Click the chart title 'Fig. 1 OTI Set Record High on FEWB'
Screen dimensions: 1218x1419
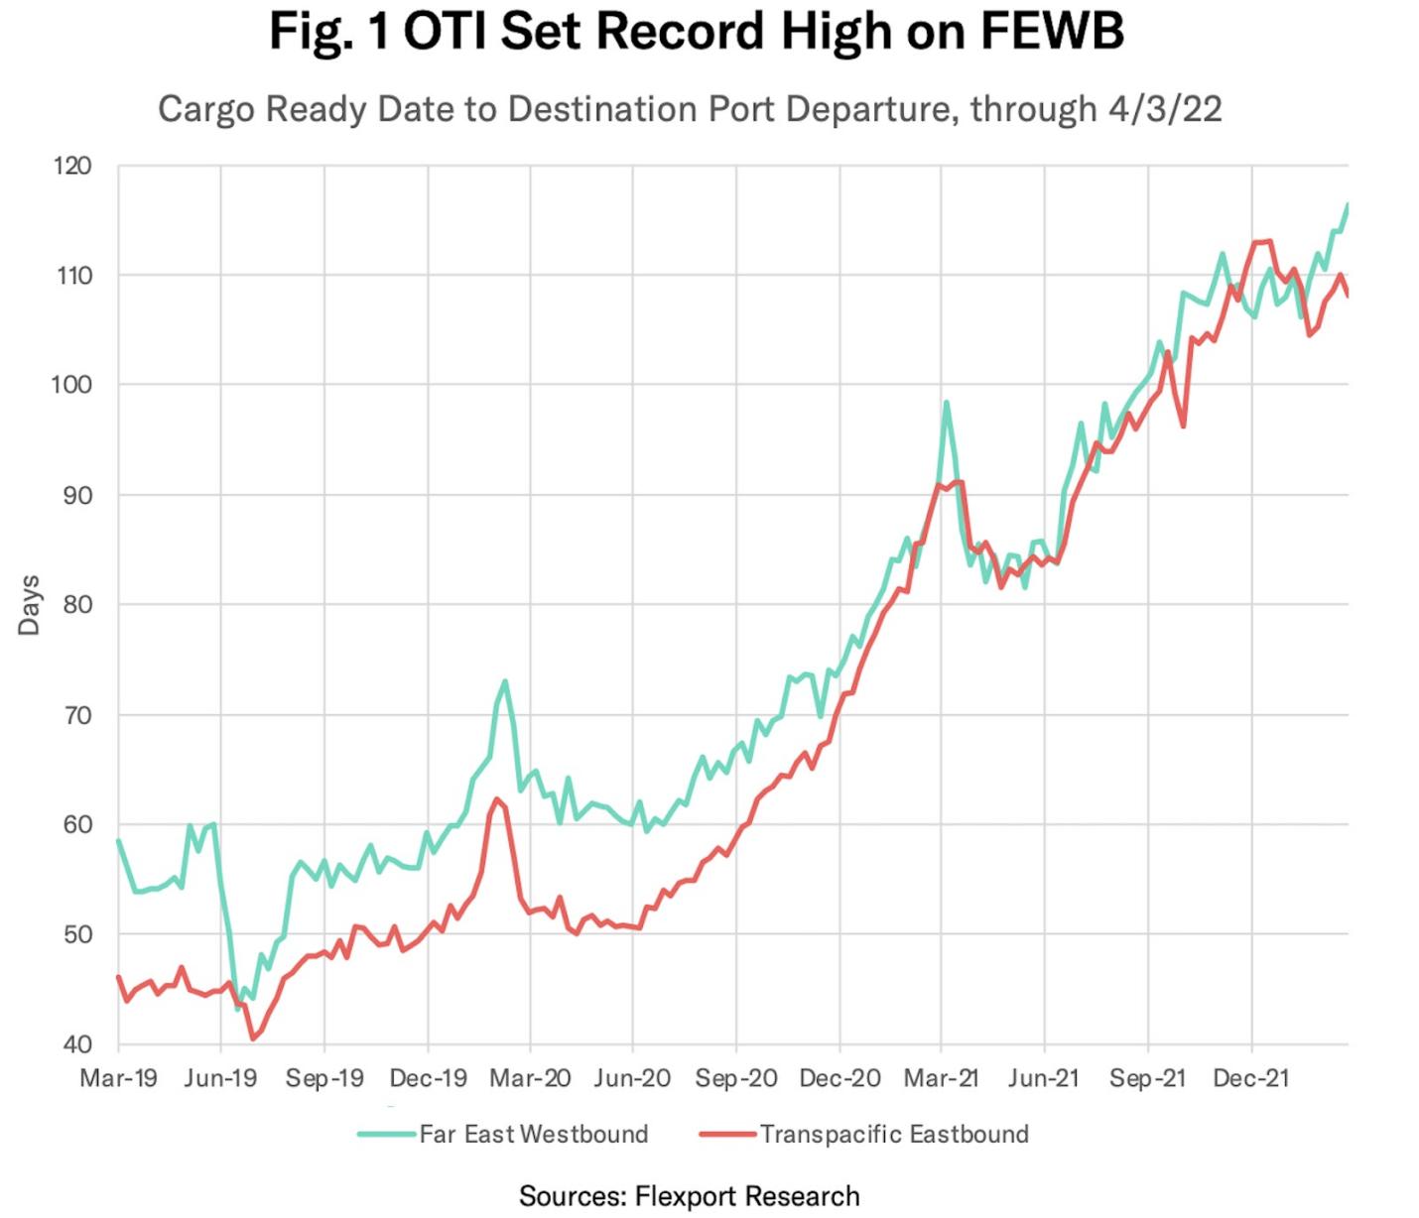(x=696, y=31)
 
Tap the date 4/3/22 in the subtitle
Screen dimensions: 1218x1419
(x=1165, y=108)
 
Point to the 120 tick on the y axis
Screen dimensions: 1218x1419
(x=72, y=166)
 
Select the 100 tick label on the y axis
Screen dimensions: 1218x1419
(x=72, y=385)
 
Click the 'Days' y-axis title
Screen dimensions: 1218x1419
(x=29, y=604)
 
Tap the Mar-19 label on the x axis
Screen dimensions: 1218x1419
(x=118, y=1078)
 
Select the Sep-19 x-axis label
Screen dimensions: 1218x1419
(x=324, y=1078)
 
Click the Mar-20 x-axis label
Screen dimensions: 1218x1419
(x=530, y=1078)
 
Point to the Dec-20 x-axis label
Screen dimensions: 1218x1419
(x=839, y=1078)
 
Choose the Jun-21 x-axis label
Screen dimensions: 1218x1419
(x=1043, y=1078)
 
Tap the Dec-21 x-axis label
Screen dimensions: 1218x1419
(x=1250, y=1078)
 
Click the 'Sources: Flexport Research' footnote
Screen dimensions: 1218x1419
(x=689, y=1196)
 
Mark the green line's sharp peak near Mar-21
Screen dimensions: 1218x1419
(x=946, y=402)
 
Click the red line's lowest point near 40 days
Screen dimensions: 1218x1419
(x=253, y=1038)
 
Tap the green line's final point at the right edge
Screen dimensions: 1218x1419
(x=1347, y=204)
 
